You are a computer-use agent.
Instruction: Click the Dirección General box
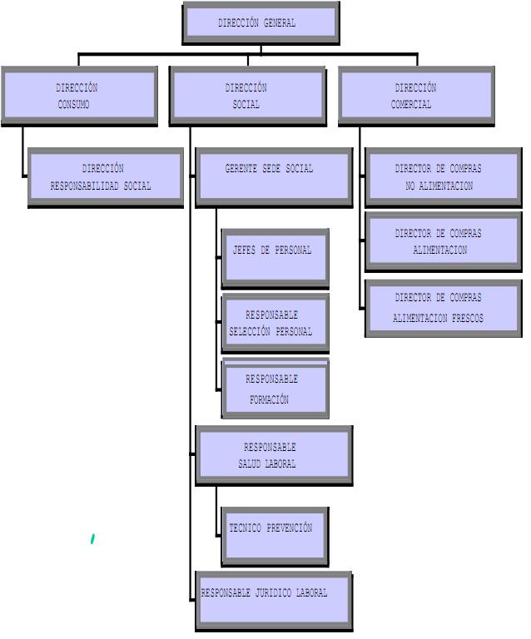point(260,22)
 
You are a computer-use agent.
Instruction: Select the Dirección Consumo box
point(78,96)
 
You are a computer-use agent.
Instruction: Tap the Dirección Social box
point(247,96)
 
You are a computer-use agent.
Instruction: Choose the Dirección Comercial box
point(416,96)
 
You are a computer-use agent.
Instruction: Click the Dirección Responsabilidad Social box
point(105,177)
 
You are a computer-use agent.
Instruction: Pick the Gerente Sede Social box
point(273,176)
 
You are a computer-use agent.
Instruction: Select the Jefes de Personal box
point(275,257)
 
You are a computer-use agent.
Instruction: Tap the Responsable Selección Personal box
point(275,322)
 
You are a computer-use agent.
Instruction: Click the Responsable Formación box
point(275,389)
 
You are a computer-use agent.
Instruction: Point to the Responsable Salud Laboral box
point(273,455)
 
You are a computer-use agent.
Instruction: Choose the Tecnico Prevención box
point(275,536)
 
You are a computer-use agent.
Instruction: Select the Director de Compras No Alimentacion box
point(443,177)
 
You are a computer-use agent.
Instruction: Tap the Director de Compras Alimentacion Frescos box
point(443,308)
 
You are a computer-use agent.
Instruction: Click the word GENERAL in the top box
point(279,23)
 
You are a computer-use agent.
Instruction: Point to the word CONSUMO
point(74,106)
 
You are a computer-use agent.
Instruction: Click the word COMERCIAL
point(411,106)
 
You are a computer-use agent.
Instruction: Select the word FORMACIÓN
point(269,400)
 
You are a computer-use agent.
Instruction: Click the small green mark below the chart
point(92,539)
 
